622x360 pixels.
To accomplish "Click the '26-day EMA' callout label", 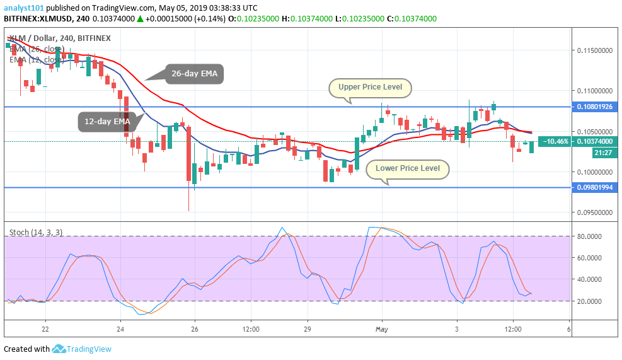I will coord(194,74).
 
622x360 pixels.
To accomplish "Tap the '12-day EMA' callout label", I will coord(104,121).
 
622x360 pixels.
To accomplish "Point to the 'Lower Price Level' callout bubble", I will coord(408,168).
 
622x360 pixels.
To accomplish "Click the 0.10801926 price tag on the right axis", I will coord(596,107).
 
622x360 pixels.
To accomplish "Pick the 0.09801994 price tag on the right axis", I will coord(596,188).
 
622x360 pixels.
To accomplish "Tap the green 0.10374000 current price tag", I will coord(596,142).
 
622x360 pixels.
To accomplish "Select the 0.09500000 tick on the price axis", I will coord(596,212).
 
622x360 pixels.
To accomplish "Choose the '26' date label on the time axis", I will coord(195,329).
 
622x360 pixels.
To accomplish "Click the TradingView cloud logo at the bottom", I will coord(59,349).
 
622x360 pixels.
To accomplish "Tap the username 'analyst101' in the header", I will coord(23,8).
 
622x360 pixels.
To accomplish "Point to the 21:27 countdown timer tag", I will coord(602,153).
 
